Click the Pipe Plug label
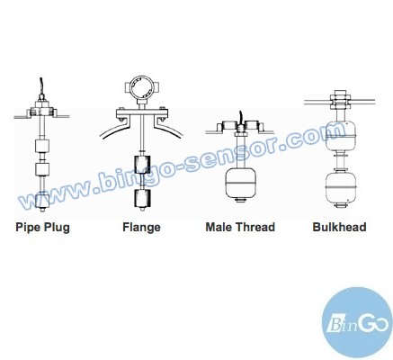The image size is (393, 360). pyautogui.click(x=42, y=228)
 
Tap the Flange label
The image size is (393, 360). pyautogui.click(x=141, y=228)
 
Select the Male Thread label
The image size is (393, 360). pyautogui.click(x=240, y=227)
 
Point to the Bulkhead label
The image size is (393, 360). pyautogui.click(x=339, y=227)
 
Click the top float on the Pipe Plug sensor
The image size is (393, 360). pyautogui.click(x=42, y=146)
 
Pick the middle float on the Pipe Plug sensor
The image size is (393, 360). pyautogui.click(x=42, y=169)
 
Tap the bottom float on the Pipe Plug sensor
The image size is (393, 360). pyautogui.click(x=42, y=201)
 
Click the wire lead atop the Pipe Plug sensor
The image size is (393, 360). pyautogui.click(x=41, y=85)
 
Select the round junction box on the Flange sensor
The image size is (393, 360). pyautogui.click(x=141, y=88)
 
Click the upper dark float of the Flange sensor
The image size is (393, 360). pyautogui.click(x=142, y=164)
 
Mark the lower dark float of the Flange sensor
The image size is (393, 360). pyautogui.click(x=142, y=198)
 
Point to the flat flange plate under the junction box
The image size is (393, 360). pyautogui.click(x=142, y=113)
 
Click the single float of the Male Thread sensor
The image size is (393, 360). pyautogui.click(x=240, y=184)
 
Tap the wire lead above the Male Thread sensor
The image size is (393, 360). pyautogui.click(x=240, y=118)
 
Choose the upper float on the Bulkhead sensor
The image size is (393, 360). pyautogui.click(x=340, y=136)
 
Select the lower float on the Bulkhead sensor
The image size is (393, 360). pyautogui.click(x=340, y=187)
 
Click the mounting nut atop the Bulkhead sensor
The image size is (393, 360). pyautogui.click(x=340, y=100)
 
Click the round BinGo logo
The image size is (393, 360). pyautogui.click(x=357, y=323)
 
